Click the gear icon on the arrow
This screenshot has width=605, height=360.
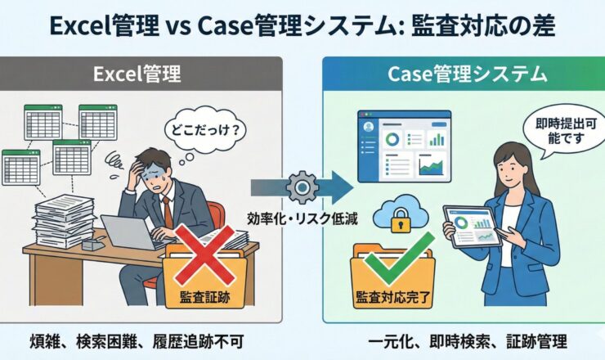302,187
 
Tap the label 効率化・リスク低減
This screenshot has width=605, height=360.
301,218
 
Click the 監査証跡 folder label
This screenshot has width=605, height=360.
200,297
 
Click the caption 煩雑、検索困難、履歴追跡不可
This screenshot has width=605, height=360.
143,340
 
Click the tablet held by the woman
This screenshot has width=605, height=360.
473,224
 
